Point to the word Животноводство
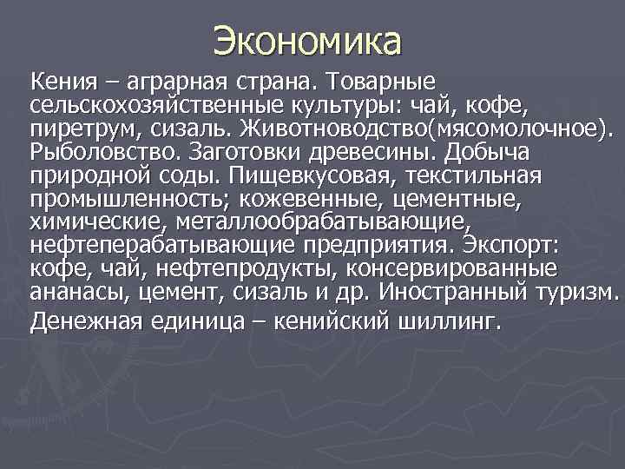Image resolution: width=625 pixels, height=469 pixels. [x=334, y=130]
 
